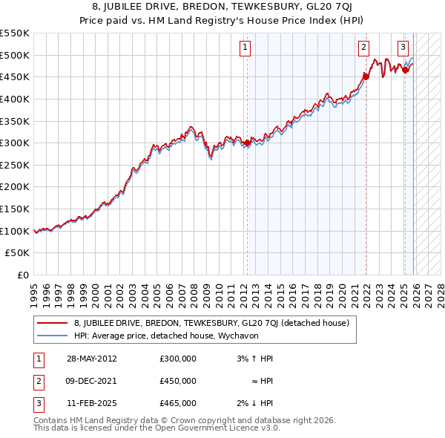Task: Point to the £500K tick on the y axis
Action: pos(15,55)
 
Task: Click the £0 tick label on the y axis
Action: pos(23,275)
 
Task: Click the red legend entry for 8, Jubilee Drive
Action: pos(216,323)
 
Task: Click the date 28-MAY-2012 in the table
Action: pos(91,359)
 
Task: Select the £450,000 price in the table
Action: pos(178,381)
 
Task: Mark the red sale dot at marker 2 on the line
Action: pos(366,76)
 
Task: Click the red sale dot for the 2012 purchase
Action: pos(246,143)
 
